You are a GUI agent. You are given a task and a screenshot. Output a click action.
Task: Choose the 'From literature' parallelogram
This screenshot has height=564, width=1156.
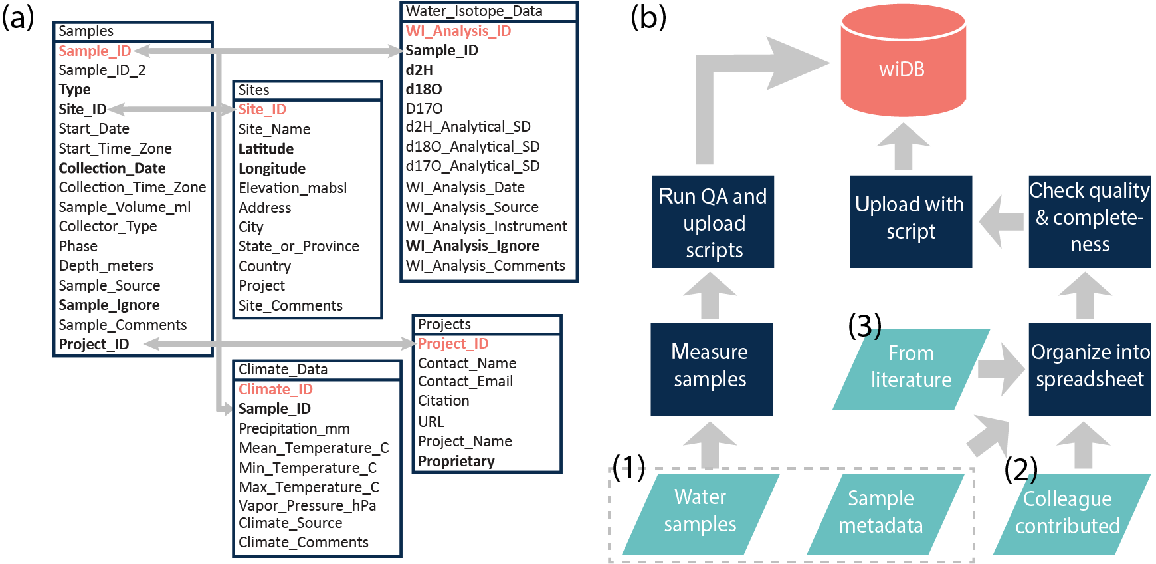911,368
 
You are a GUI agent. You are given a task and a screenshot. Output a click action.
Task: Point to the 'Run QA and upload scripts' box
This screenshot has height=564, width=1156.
713,221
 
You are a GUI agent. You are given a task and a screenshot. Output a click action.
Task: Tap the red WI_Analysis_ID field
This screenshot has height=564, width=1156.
458,31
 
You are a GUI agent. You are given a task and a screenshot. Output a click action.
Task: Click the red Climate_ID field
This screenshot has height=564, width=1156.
276,390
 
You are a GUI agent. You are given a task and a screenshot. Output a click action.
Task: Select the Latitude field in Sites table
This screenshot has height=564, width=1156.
266,149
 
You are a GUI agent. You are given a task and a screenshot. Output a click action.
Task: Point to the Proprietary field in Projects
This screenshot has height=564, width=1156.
456,462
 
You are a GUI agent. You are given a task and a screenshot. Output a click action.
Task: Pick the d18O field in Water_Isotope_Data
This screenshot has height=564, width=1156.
424,89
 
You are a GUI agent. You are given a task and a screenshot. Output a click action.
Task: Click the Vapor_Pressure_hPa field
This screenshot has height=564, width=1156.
308,506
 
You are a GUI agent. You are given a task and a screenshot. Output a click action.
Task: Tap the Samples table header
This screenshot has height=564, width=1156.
86,31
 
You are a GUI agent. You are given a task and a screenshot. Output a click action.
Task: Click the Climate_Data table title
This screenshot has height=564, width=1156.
283,370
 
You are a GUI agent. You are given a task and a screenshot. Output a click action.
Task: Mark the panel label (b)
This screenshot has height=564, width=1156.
648,17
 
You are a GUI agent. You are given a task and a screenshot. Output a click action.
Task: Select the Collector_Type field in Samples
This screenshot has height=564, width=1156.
108,227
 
